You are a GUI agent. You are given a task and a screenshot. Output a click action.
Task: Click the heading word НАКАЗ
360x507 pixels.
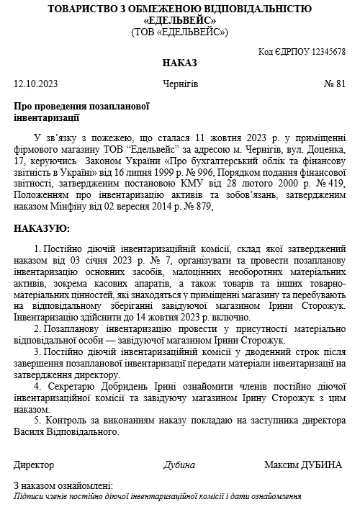179,63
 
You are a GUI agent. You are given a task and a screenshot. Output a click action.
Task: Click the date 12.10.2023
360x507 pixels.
36,84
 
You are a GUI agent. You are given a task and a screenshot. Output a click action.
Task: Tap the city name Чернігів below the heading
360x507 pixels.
180,84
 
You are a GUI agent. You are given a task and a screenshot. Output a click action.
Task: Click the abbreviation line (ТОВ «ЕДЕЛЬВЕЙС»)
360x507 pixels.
179,32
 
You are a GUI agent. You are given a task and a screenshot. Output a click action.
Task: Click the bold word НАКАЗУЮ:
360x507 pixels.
42,228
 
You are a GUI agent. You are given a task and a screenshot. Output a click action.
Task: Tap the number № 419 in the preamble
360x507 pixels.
333,185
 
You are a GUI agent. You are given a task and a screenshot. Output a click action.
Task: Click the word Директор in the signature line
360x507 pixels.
34,465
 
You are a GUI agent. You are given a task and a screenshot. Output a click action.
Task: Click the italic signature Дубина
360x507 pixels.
179,465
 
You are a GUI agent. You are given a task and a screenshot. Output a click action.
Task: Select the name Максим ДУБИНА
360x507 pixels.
302,465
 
